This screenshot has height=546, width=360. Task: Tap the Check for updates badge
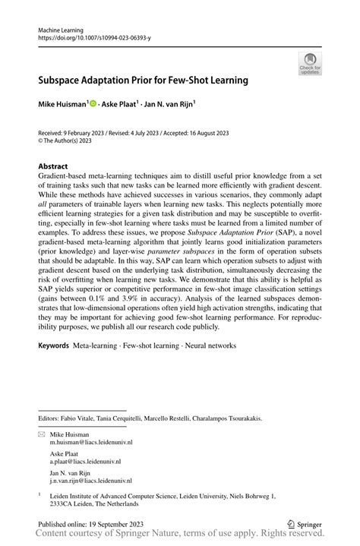[x=310, y=64]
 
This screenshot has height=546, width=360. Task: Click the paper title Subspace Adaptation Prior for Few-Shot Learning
[x=144, y=79]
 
